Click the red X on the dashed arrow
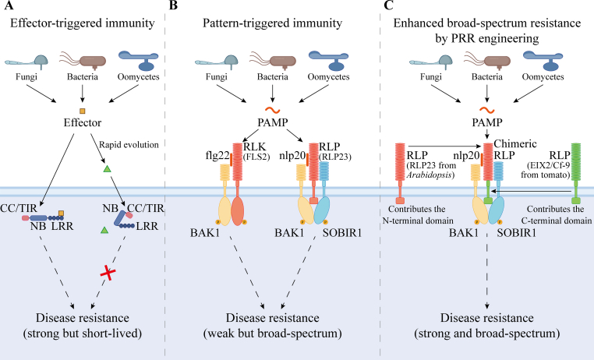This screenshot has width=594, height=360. pyautogui.click(x=108, y=273)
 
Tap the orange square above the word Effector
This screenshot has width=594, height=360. pyautogui.click(x=82, y=111)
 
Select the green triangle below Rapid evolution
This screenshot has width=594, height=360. pyautogui.click(x=108, y=169)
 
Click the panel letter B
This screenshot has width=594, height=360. pyautogui.click(x=173, y=5)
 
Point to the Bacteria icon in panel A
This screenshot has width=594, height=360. pyautogui.click(x=83, y=62)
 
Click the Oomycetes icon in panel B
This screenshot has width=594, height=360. pyautogui.click(x=328, y=61)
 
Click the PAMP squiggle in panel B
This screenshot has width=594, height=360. pyautogui.click(x=273, y=110)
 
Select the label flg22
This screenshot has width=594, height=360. pyautogui.click(x=217, y=156)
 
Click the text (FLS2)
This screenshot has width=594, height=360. pyautogui.click(x=256, y=157)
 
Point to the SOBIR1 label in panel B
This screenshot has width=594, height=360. pyautogui.click(x=342, y=233)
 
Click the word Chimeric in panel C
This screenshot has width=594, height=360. pyautogui.click(x=515, y=144)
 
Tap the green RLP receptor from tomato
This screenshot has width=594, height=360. pyautogui.click(x=576, y=173)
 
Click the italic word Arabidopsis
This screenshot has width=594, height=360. pyautogui.click(x=430, y=175)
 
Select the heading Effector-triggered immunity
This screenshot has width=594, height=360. pyautogui.click(x=82, y=23)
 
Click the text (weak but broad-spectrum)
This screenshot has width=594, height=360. pyautogui.click(x=273, y=334)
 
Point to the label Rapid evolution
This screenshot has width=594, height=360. pyautogui.click(x=129, y=145)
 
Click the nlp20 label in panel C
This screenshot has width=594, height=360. pyautogui.click(x=466, y=156)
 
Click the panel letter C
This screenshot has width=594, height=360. pyautogui.click(x=389, y=5)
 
